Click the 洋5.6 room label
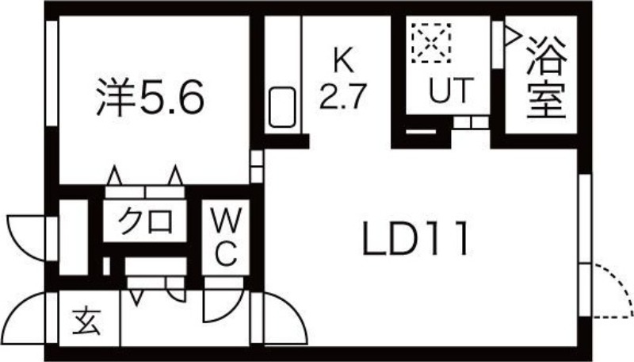click(151, 98)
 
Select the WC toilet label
click(224, 236)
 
